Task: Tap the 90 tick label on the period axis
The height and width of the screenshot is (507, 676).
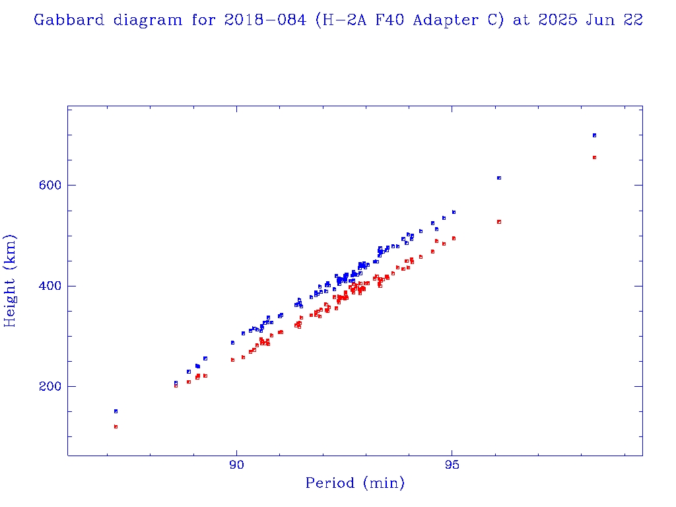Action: [236, 464]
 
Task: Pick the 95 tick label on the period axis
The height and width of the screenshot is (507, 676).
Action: [452, 464]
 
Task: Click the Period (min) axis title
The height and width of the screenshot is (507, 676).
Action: [355, 483]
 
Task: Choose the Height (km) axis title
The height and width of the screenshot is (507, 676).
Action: [11, 281]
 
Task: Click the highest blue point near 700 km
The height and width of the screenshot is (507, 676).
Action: [594, 135]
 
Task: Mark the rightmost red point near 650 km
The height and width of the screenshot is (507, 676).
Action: [594, 157]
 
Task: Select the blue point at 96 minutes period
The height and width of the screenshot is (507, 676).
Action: [499, 178]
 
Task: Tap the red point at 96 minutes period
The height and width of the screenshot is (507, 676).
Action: [499, 222]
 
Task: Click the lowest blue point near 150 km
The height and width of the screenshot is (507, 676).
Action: [116, 411]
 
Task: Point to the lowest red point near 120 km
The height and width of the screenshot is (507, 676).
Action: [116, 426]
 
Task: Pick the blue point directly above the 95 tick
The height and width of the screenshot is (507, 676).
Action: [454, 212]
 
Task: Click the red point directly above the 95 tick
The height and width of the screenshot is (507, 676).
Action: [454, 238]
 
